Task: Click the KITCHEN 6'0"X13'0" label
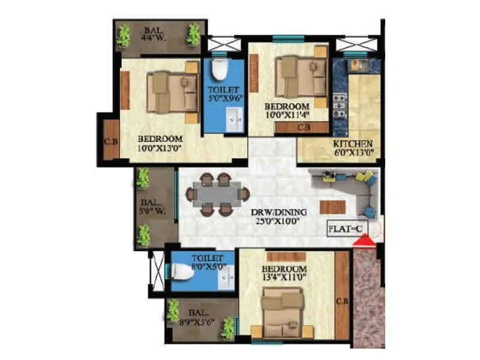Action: click(354, 148)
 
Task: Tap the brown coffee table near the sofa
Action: click(332, 207)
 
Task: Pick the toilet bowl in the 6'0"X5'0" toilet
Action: click(182, 272)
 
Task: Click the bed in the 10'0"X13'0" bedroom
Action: click(171, 92)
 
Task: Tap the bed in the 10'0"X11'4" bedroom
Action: click(298, 76)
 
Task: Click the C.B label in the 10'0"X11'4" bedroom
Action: click(304, 127)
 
